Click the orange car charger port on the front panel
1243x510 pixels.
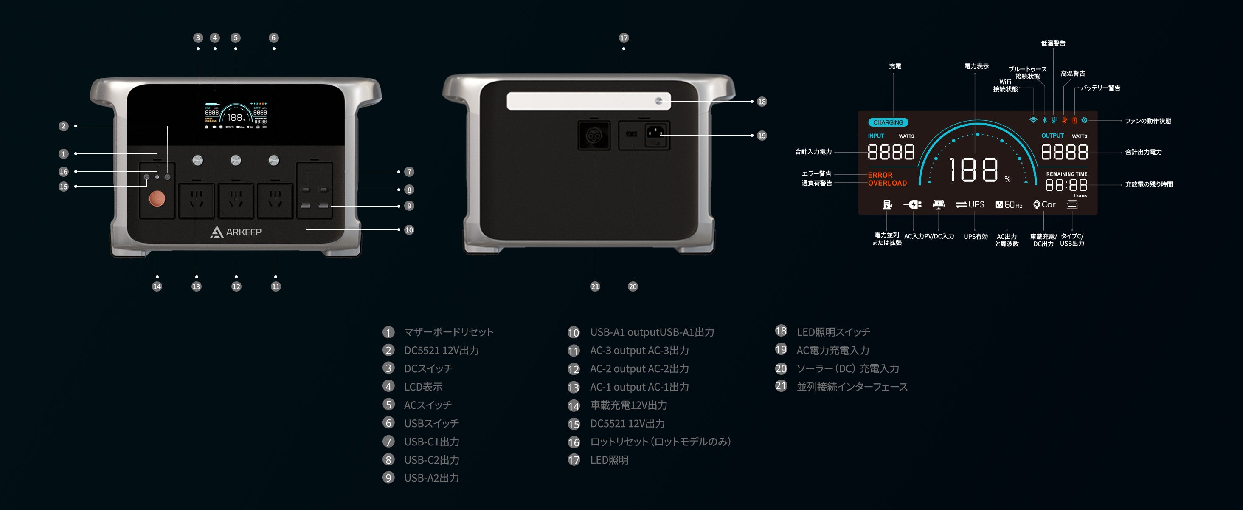click(x=157, y=198)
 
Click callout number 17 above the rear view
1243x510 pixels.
click(x=624, y=38)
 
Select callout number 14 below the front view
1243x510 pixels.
click(x=157, y=286)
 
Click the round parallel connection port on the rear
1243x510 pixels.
click(x=594, y=135)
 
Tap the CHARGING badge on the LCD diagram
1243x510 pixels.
click(x=888, y=123)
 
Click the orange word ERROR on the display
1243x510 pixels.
click(x=880, y=175)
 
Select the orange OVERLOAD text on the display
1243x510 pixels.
click(x=887, y=183)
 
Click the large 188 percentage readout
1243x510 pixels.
click(x=974, y=170)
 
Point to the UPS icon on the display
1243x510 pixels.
click(x=970, y=205)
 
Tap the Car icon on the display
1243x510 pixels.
click(x=1044, y=205)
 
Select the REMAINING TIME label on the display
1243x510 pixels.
click(x=1066, y=174)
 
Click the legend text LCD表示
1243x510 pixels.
click(x=423, y=387)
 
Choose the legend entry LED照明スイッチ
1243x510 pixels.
click(x=833, y=332)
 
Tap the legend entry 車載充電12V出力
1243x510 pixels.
click(x=628, y=405)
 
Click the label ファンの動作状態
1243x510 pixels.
click(x=1148, y=121)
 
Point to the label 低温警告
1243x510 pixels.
click(x=1053, y=43)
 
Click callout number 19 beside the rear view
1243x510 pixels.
click(x=762, y=135)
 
